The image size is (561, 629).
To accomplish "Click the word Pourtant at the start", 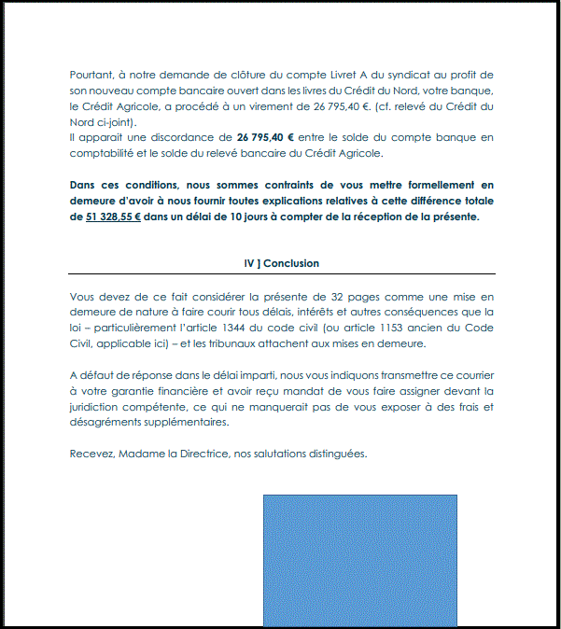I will tap(90, 75).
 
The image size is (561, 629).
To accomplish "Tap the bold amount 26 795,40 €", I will tap(272, 138).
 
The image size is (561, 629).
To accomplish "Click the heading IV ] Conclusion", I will tap(281, 264).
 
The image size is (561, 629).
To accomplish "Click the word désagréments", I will tap(107, 422).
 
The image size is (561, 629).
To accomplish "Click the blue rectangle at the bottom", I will tap(359, 560).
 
